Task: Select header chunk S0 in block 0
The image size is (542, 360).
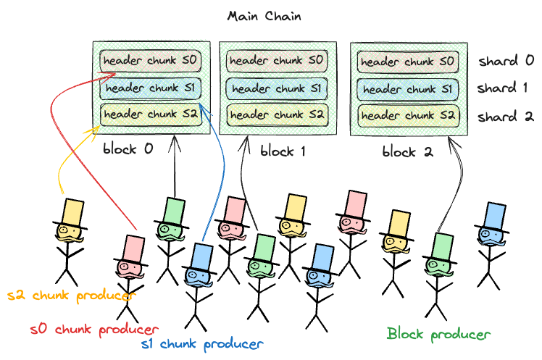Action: [x=150, y=61]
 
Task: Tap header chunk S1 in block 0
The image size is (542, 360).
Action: [x=150, y=88]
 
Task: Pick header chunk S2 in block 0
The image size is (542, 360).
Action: [x=150, y=114]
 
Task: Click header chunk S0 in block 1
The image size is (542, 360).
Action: [x=276, y=61]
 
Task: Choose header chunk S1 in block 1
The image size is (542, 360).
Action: [x=276, y=88]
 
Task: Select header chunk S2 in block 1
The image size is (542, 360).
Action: [x=276, y=114]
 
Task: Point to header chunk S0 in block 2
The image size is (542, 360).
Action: [x=407, y=62]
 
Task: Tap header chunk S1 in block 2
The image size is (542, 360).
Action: [x=407, y=89]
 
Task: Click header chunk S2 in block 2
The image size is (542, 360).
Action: [x=407, y=114]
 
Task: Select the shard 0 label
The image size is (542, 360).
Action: [x=506, y=62]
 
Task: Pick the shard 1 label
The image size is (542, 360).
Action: [x=506, y=89]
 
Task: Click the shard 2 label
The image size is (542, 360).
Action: [x=506, y=116]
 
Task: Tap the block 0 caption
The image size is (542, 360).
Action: [x=128, y=149]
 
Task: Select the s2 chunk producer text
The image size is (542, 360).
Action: [x=71, y=296]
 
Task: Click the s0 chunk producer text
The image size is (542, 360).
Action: [x=94, y=330]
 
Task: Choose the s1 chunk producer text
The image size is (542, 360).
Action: [x=201, y=343]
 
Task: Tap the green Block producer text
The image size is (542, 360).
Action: [x=438, y=334]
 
